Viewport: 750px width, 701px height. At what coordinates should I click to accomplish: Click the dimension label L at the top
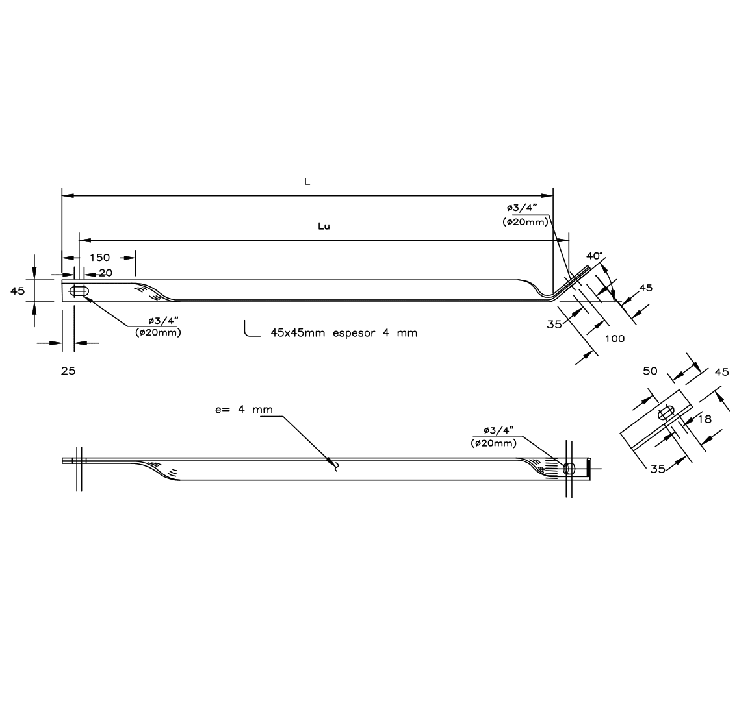coord(307,182)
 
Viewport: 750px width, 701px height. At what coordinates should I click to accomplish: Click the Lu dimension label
coord(324,227)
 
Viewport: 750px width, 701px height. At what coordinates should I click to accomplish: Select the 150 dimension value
coord(99,258)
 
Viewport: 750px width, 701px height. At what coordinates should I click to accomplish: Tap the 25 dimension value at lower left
coord(68,371)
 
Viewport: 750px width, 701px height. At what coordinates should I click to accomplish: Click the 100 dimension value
coord(614,338)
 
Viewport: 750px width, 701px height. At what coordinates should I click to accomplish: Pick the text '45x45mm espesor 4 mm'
coord(344,333)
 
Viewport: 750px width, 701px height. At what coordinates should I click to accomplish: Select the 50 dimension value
coord(650,371)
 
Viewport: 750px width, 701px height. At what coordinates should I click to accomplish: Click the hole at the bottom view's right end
coord(569,469)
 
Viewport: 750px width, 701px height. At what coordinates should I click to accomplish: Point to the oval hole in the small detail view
coord(666,413)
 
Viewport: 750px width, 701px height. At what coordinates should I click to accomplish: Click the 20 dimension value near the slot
coord(105,273)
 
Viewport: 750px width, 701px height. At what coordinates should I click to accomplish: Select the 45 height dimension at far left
coord(18,291)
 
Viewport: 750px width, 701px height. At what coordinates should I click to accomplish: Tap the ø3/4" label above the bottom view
coord(498,431)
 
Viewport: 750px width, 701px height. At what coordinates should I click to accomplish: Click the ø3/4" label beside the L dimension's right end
coord(523,208)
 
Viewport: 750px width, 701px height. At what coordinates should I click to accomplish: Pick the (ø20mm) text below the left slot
coord(158,332)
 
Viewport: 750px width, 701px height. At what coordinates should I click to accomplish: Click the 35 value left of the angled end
coord(554,324)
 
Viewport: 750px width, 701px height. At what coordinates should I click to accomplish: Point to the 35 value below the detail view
coord(657,468)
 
